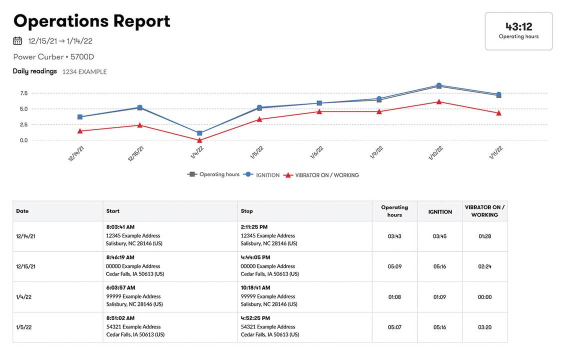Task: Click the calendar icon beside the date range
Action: pyautogui.click(x=17, y=41)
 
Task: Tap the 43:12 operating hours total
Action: pyautogui.click(x=518, y=26)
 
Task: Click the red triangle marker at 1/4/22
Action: pyautogui.click(x=199, y=140)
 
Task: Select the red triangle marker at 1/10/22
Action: pyautogui.click(x=439, y=102)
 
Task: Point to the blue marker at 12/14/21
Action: pyautogui.click(x=80, y=117)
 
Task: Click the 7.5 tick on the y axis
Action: pyautogui.click(x=23, y=93)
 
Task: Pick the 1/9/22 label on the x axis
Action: pyautogui.click(x=376, y=152)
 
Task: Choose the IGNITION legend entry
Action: pyautogui.click(x=267, y=175)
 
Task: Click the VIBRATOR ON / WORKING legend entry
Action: pyautogui.click(x=326, y=175)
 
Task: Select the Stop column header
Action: pyautogui.click(x=247, y=211)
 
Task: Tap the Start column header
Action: pyautogui.click(x=113, y=211)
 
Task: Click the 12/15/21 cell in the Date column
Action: pyautogui.click(x=25, y=266)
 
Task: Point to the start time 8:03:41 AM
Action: pyautogui.click(x=120, y=227)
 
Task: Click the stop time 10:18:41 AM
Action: pyautogui.click(x=255, y=287)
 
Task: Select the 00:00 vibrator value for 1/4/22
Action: pyautogui.click(x=484, y=297)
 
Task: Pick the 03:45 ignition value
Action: pyautogui.click(x=439, y=236)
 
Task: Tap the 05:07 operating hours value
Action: pyautogui.click(x=394, y=327)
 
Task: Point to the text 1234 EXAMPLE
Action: pyautogui.click(x=84, y=72)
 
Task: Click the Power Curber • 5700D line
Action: pyautogui.click(x=53, y=57)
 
